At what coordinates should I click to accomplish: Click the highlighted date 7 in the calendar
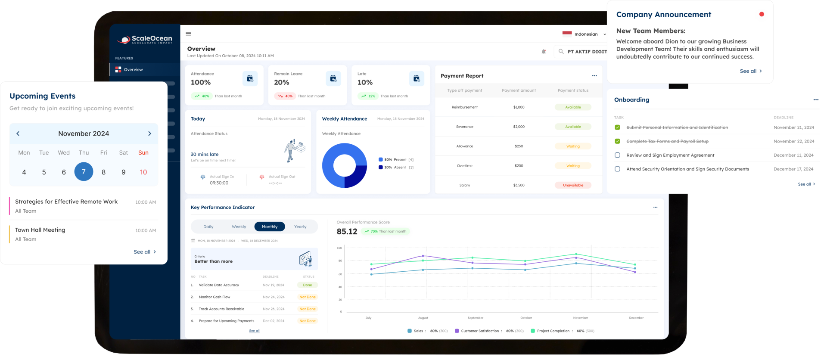[84, 172]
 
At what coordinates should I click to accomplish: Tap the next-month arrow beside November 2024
[149, 133]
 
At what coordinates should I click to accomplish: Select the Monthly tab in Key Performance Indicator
[270, 227]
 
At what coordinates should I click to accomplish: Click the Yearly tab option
[300, 227]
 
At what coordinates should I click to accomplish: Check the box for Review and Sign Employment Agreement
[617, 155]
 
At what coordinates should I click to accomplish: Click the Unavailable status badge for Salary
[573, 185]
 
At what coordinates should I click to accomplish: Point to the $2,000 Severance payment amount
[519, 127]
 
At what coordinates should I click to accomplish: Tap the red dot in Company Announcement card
[762, 14]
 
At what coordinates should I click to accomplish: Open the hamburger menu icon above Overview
[188, 34]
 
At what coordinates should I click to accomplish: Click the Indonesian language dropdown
[585, 34]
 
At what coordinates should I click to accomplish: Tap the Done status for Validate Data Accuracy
[308, 285]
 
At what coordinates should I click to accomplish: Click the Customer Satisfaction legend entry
[479, 331]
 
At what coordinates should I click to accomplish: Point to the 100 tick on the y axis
[339, 248]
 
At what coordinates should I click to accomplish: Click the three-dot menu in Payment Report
[594, 76]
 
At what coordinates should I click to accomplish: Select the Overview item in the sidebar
[133, 69]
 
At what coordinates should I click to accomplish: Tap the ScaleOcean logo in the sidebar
[145, 40]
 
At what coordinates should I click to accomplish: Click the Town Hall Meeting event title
[40, 230]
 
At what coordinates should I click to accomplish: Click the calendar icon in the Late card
[416, 78]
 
